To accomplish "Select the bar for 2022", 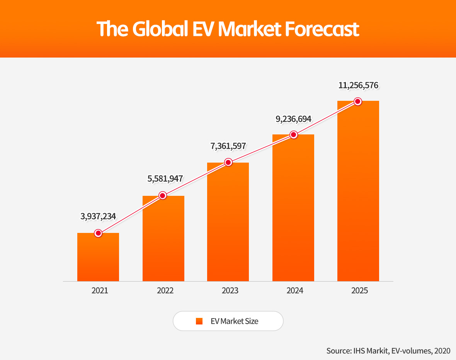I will click(x=163, y=239).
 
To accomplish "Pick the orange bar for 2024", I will click(x=293, y=209).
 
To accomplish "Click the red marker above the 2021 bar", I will click(x=98, y=233).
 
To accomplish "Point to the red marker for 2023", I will click(x=228, y=162).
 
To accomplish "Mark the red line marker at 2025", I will click(x=358, y=102).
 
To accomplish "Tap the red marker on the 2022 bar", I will click(x=163, y=195).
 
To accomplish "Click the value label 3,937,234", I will click(x=98, y=216).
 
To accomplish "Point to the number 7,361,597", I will click(x=228, y=146).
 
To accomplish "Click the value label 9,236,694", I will click(x=293, y=119).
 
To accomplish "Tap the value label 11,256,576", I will click(x=358, y=85).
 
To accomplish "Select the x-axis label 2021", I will click(x=100, y=291).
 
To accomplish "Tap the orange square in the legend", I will click(x=199, y=321).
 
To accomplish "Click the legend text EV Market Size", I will click(x=234, y=321).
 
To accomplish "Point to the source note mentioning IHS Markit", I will click(x=388, y=351).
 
